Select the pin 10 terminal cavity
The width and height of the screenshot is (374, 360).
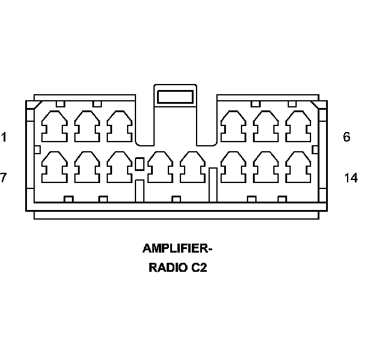160,166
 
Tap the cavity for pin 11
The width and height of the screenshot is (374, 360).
192,166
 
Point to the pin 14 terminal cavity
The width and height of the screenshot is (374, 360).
298,166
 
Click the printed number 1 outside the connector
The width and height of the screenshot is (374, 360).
4,137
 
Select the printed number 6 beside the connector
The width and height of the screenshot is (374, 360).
346,137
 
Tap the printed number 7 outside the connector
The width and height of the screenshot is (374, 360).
4,178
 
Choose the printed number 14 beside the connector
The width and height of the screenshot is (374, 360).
351,178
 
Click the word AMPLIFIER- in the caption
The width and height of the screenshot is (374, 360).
177,248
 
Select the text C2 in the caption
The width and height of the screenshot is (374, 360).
199,268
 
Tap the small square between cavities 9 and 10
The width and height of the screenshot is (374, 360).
140,163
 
